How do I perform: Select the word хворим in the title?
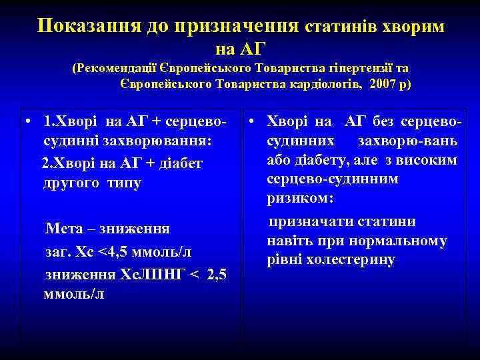coord(418,26)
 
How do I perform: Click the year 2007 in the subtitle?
coord(381,84)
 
